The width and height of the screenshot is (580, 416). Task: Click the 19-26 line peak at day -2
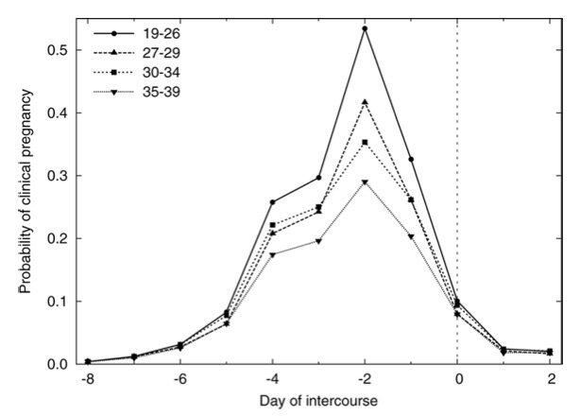tap(365, 28)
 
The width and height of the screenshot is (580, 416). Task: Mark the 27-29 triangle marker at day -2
tap(365, 102)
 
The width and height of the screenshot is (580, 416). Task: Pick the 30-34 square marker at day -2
tap(365, 143)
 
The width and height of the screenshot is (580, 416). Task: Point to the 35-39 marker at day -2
tap(365, 182)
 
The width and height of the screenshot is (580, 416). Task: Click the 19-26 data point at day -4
tap(272, 202)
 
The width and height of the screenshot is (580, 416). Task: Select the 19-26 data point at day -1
tap(411, 159)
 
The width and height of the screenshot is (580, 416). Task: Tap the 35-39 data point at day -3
tap(318, 241)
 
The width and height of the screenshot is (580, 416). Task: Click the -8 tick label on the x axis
tap(86, 380)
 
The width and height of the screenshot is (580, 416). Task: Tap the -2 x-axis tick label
tap(364, 380)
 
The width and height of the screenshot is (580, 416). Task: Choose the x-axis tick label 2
tap(551, 380)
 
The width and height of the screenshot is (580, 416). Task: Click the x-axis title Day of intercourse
tap(318, 401)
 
